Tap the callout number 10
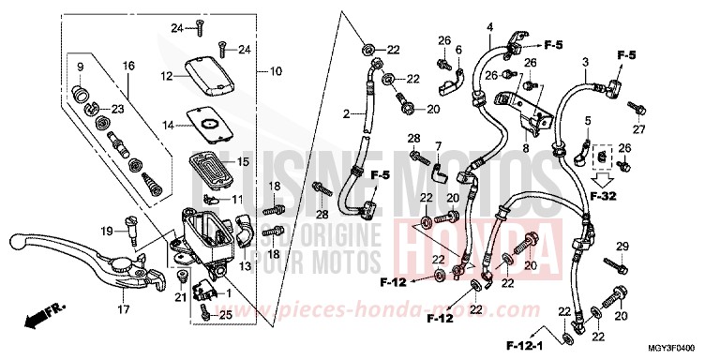(x=276, y=71)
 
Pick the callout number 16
(x=128, y=66)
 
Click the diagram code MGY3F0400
(x=682, y=348)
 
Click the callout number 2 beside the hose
(x=346, y=114)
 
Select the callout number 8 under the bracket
(x=526, y=147)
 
